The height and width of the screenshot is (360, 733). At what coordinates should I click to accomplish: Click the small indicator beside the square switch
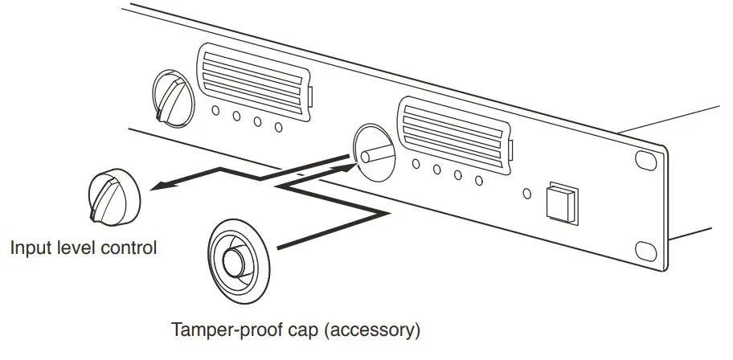[x=527, y=193]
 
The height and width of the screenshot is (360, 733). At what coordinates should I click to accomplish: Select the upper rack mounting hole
[x=645, y=160]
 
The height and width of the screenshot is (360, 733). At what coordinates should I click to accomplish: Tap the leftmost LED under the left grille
[x=216, y=112]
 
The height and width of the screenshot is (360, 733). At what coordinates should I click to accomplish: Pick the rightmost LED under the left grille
[x=278, y=127]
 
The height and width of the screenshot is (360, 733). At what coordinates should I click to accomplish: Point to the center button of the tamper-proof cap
[x=235, y=261]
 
